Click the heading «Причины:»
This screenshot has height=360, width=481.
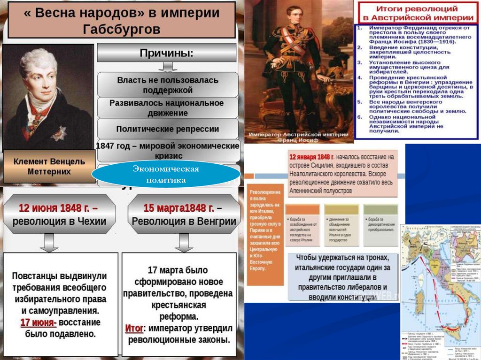tap(167, 53)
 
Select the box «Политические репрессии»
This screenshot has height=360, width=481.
tap(168, 129)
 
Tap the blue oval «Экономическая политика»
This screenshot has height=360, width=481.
tap(166, 174)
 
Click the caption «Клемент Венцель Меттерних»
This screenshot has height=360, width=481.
tap(49, 166)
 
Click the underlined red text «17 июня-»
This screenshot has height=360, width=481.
tap(39, 322)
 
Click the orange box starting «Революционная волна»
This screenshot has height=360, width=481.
tap(265, 234)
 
